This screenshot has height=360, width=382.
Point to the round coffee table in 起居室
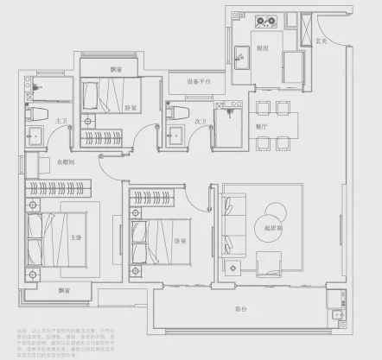(x=274, y=212)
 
